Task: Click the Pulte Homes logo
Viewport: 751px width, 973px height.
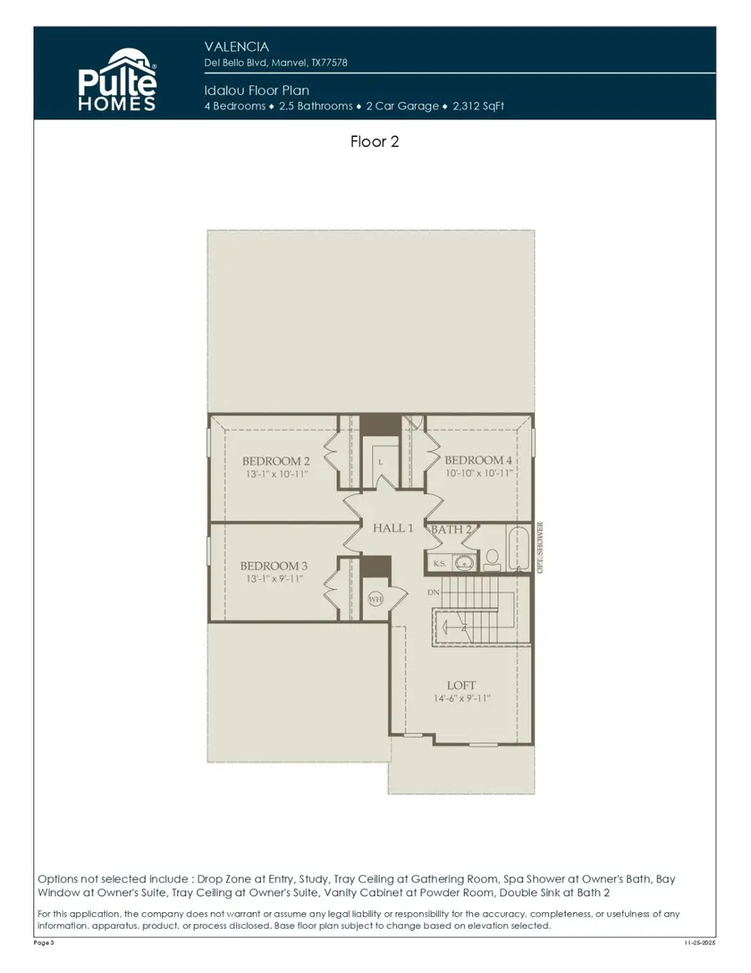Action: point(117,79)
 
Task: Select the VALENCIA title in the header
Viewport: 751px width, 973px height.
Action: point(237,47)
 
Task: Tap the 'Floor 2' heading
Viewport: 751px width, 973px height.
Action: point(375,142)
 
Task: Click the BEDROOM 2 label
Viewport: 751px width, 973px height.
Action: point(276,461)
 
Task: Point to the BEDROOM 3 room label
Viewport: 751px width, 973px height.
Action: point(275,566)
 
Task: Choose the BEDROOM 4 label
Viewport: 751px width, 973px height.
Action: point(478,461)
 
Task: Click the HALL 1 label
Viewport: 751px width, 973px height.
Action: point(393,528)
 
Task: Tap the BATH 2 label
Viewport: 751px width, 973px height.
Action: point(451,529)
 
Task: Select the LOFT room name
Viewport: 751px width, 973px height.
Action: point(461,686)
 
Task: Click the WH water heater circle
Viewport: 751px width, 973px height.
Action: point(375,598)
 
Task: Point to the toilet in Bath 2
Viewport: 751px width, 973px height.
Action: point(491,557)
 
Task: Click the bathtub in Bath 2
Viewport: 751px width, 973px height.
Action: point(518,547)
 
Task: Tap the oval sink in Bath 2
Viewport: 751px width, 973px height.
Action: point(465,563)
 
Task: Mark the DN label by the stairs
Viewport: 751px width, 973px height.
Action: point(433,592)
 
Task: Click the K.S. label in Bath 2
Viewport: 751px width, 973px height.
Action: point(440,564)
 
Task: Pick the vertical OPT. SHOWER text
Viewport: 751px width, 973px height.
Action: point(541,547)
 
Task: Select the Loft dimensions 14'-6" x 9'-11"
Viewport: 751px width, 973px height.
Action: point(461,699)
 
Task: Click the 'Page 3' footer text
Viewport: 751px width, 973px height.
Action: point(44,943)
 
